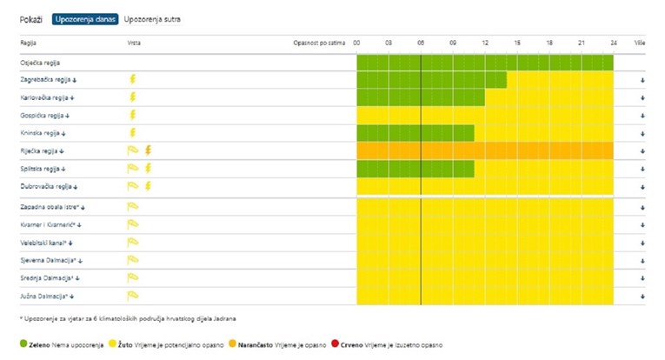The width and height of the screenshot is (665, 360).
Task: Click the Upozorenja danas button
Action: pos(85,18)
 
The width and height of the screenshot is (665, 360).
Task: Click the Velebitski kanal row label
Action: pos(44,243)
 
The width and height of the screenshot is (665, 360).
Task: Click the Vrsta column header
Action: pos(135,42)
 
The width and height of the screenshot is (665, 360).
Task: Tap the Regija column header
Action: pos(29,42)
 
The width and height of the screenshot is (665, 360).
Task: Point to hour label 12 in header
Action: pos(485,42)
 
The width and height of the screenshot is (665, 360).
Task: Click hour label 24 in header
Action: pos(613,42)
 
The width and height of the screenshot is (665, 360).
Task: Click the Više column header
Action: pos(640,42)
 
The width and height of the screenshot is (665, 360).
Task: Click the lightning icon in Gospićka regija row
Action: pos(133,115)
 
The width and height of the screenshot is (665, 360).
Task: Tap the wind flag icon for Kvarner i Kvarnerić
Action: pos(133,225)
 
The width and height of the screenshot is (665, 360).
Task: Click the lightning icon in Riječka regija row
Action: pos(149,150)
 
